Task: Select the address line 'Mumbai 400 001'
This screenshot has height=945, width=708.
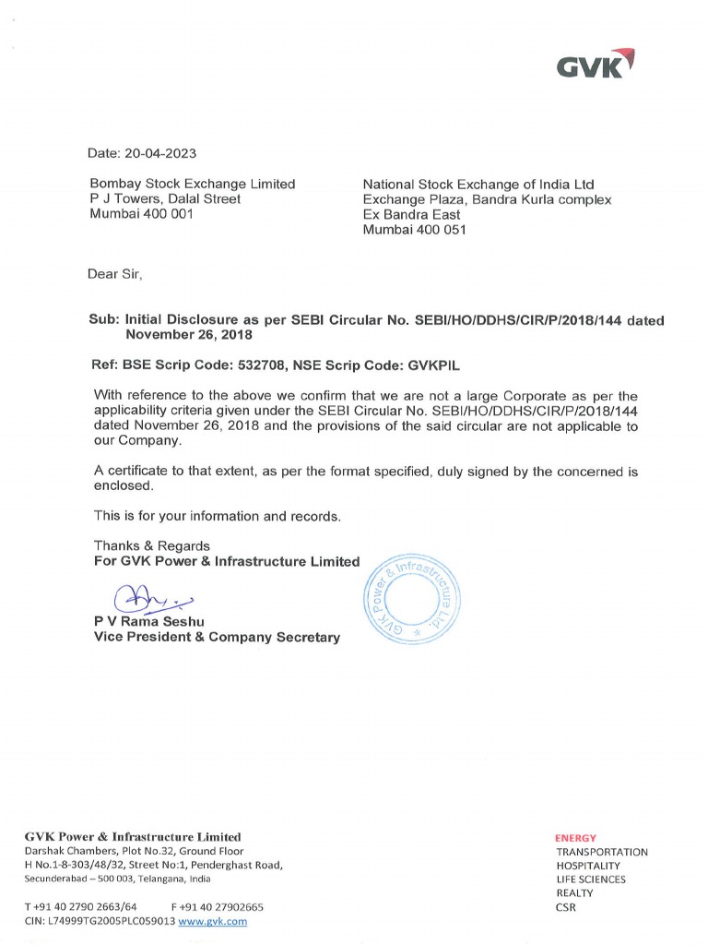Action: [x=142, y=214]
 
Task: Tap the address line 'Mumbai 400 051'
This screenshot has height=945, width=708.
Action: [x=414, y=230]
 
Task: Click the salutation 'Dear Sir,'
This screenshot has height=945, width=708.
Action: [x=115, y=274]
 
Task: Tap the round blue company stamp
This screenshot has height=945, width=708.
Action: [x=411, y=601]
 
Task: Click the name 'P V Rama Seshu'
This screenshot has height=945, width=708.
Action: [x=148, y=621]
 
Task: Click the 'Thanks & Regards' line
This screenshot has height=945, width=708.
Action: [x=152, y=545]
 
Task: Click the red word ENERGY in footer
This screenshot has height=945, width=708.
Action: [x=575, y=838]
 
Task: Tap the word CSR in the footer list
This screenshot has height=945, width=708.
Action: [x=566, y=907]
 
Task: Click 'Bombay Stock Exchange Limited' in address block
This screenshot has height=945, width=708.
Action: [x=192, y=184]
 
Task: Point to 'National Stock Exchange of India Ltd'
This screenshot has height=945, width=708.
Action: [x=478, y=185]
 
